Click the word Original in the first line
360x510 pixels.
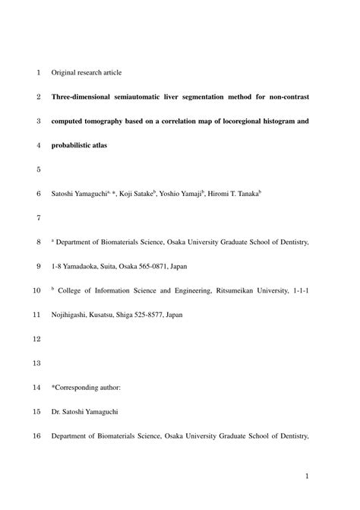click(65, 73)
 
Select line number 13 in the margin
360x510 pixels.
click(35, 363)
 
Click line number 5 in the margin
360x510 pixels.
click(37, 169)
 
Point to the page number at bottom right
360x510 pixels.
click(306, 476)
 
